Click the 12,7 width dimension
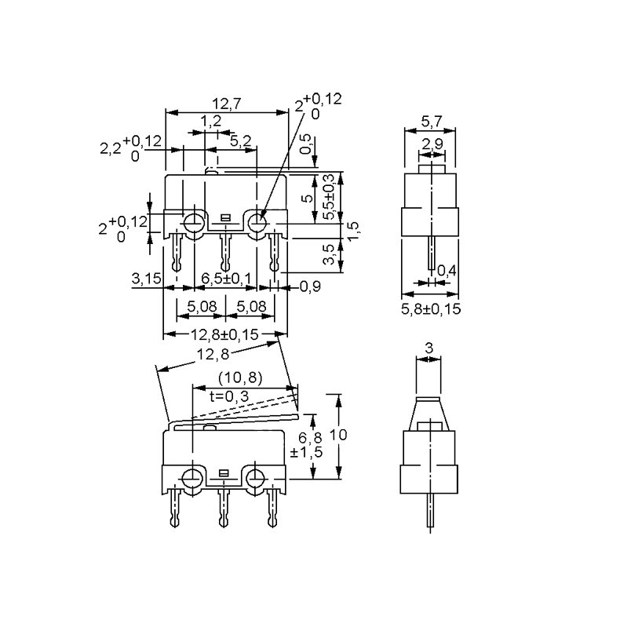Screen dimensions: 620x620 [x=228, y=102]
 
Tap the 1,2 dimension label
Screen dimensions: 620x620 [x=210, y=121]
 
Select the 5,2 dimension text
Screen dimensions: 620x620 [x=241, y=140]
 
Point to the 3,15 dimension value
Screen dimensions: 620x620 [x=147, y=279]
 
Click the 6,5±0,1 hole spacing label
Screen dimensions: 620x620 [x=227, y=279]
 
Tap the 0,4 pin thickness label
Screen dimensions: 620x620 [x=447, y=271]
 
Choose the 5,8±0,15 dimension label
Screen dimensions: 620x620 [x=431, y=309]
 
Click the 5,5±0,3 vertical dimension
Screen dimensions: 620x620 [x=330, y=197]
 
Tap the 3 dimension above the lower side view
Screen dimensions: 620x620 [x=429, y=347]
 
